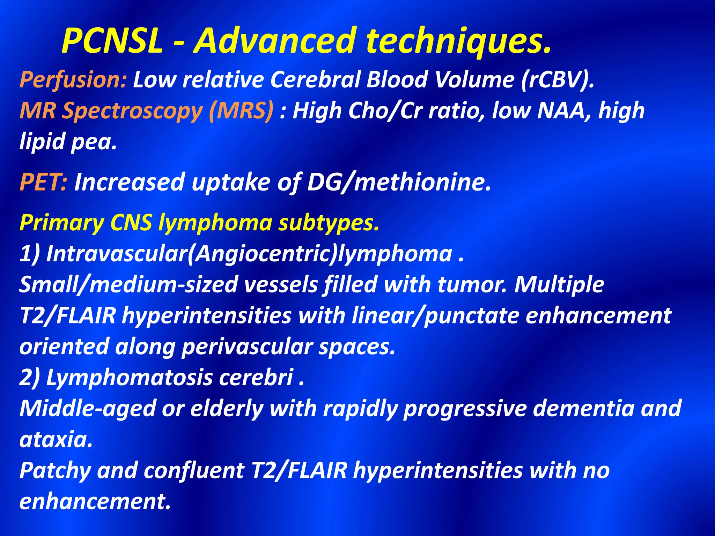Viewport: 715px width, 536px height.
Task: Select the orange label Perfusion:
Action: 73,80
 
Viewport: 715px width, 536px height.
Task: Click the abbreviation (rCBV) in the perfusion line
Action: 557,80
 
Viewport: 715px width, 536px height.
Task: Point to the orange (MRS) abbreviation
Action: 241,111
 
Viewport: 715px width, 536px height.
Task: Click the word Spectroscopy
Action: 132,111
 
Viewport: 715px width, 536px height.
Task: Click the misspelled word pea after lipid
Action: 94,142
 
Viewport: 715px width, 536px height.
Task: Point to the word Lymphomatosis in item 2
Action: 129,378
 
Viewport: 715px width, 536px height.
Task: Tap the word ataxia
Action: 56,439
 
